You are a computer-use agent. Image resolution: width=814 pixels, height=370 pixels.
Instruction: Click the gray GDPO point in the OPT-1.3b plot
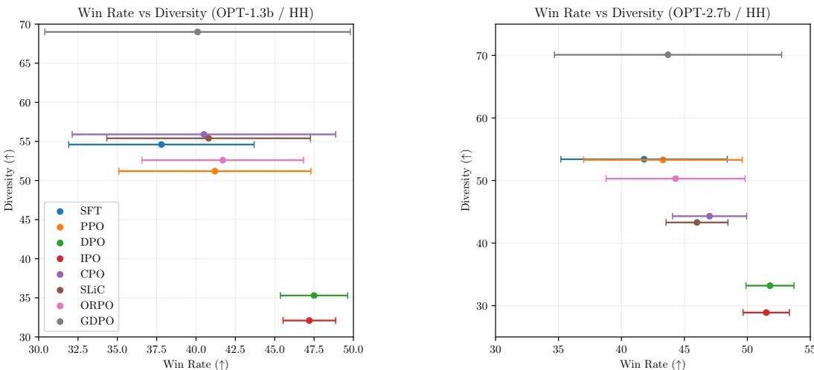[197, 32]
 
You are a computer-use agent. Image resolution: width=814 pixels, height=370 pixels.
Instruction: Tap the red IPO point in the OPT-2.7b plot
[766, 313]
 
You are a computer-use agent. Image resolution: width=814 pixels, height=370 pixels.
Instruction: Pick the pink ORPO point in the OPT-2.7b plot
[676, 179]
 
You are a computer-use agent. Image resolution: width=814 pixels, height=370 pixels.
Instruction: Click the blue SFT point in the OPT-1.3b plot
[161, 144]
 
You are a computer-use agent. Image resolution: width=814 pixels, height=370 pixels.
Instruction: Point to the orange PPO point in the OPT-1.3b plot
[215, 171]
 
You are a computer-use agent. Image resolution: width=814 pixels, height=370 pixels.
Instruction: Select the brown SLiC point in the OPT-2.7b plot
[696, 223]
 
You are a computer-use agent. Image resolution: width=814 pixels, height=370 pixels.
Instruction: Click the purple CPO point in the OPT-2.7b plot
[709, 216]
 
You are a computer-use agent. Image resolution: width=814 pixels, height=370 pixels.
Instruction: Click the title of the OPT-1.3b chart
[196, 10]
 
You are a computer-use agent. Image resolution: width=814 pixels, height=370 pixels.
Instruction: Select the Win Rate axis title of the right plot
[653, 363]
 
